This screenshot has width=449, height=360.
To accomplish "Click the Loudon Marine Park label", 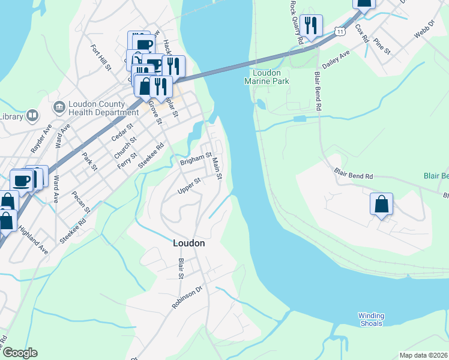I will pos(267,77).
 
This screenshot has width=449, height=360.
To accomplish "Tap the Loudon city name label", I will pos(188,244).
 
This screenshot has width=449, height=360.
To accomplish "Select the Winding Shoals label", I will pos(370,319).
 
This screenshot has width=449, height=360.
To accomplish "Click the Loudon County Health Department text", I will pos(103,107).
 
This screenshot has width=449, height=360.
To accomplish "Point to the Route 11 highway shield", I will pos(340,31).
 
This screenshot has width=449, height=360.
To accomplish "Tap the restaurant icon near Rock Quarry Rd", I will pos(311,26).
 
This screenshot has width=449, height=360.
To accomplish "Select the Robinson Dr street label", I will pos(188,297).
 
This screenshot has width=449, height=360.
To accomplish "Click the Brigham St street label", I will pos(196,160).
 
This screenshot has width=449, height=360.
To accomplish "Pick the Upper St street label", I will pos(188,185).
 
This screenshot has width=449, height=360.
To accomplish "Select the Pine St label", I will pos(382,48).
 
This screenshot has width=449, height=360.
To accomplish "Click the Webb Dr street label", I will pos(424,32).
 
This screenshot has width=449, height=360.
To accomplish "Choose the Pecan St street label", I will pos(80,202).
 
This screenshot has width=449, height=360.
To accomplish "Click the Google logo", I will pos(20,353).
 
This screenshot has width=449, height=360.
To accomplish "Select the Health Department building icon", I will pos(59,107).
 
